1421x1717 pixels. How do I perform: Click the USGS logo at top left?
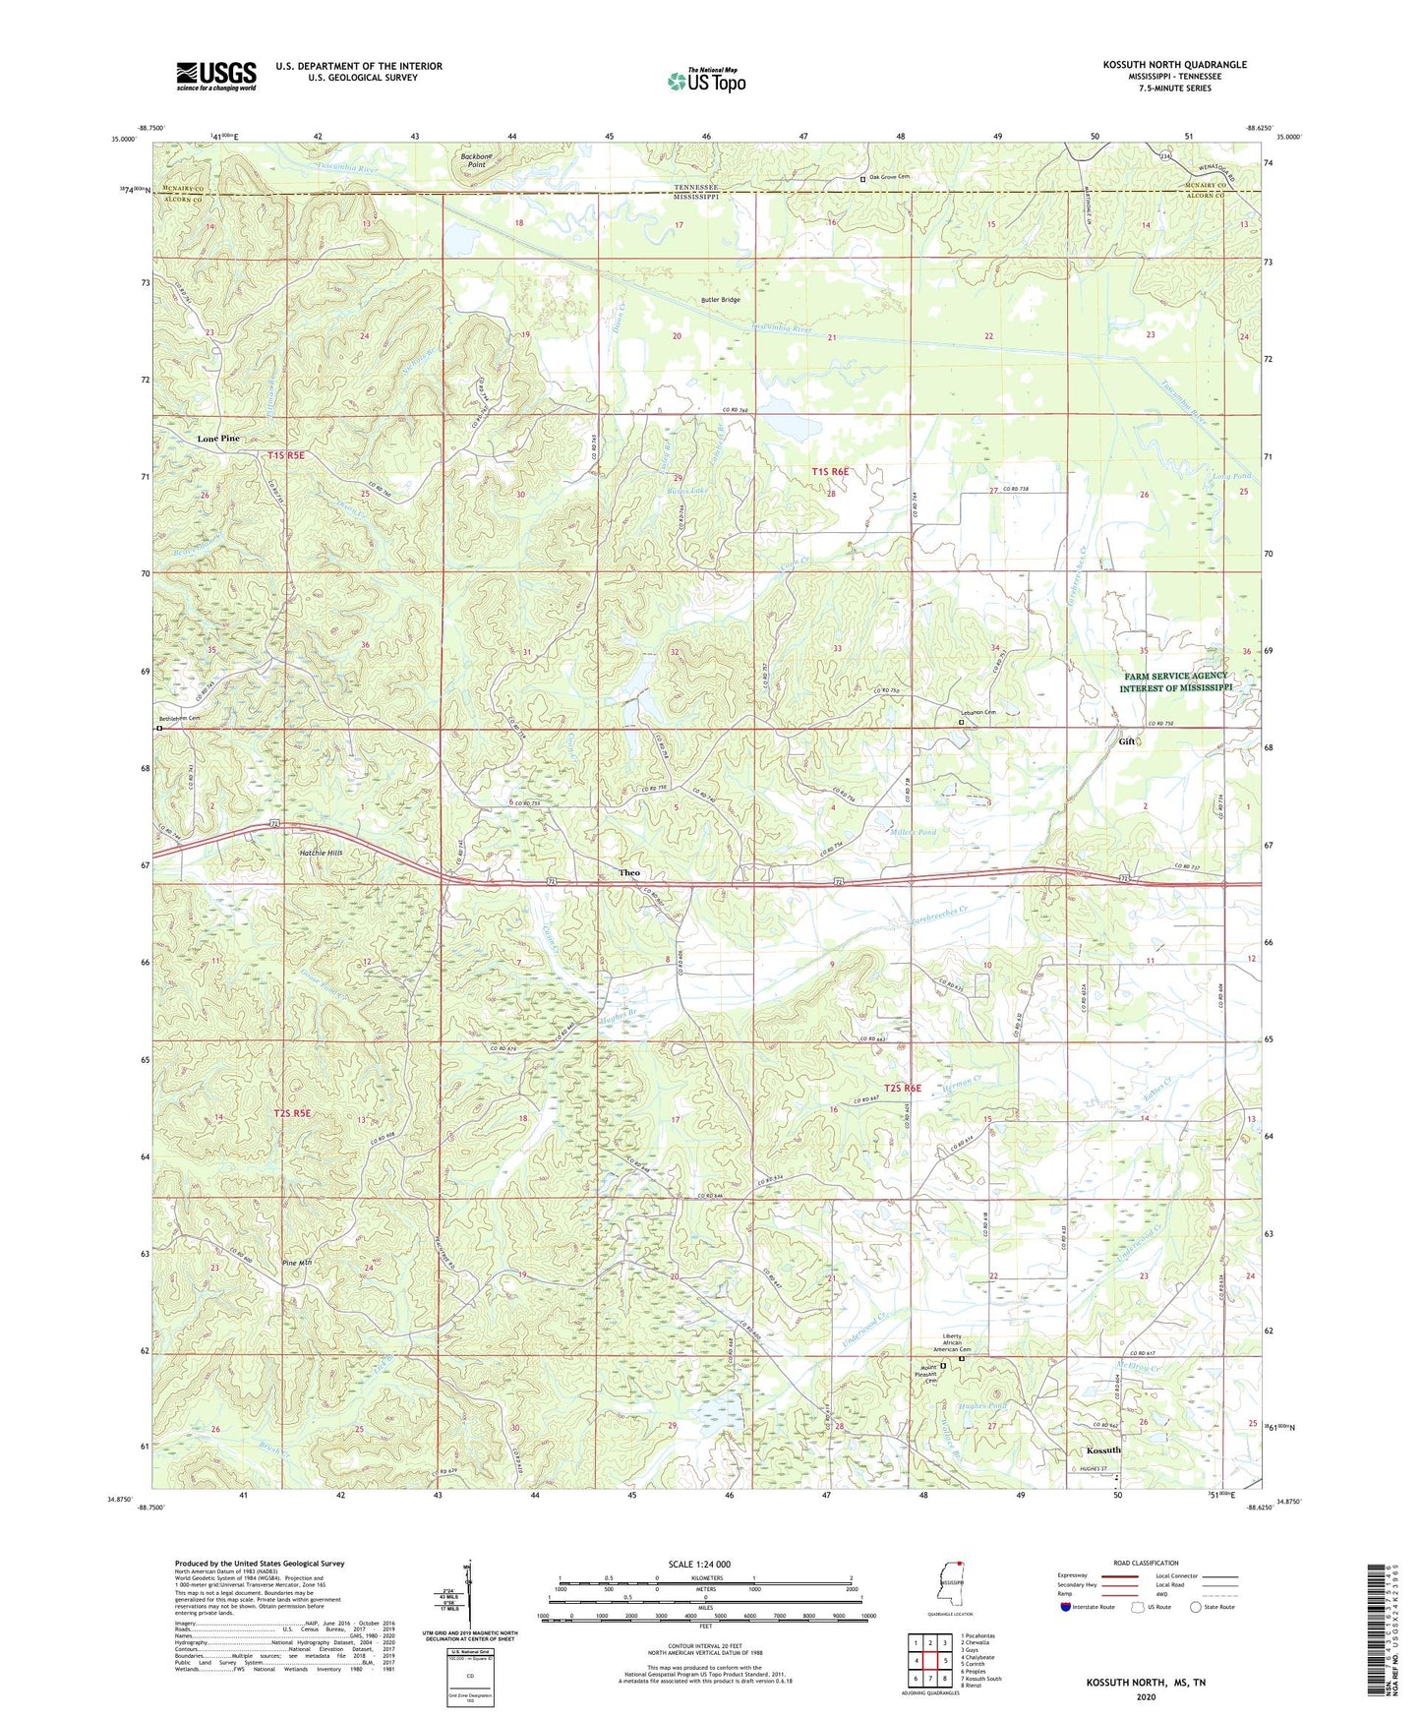pyautogui.click(x=215, y=76)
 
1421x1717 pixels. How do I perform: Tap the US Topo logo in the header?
pyautogui.click(x=706, y=81)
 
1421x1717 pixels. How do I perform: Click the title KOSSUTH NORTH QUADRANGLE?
pyautogui.click(x=1174, y=65)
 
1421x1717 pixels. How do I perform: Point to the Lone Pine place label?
pyautogui.click(x=217, y=439)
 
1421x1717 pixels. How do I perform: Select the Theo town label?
pyautogui.click(x=629, y=872)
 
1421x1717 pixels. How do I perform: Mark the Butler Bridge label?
pyautogui.click(x=720, y=299)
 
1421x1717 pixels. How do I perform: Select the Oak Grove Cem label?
pyautogui.click(x=891, y=178)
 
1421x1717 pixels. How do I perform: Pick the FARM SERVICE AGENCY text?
pyautogui.click(x=1173, y=676)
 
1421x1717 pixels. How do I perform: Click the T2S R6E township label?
pyautogui.click(x=902, y=1088)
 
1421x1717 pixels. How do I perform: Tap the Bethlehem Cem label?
pyautogui.click(x=181, y=719)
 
